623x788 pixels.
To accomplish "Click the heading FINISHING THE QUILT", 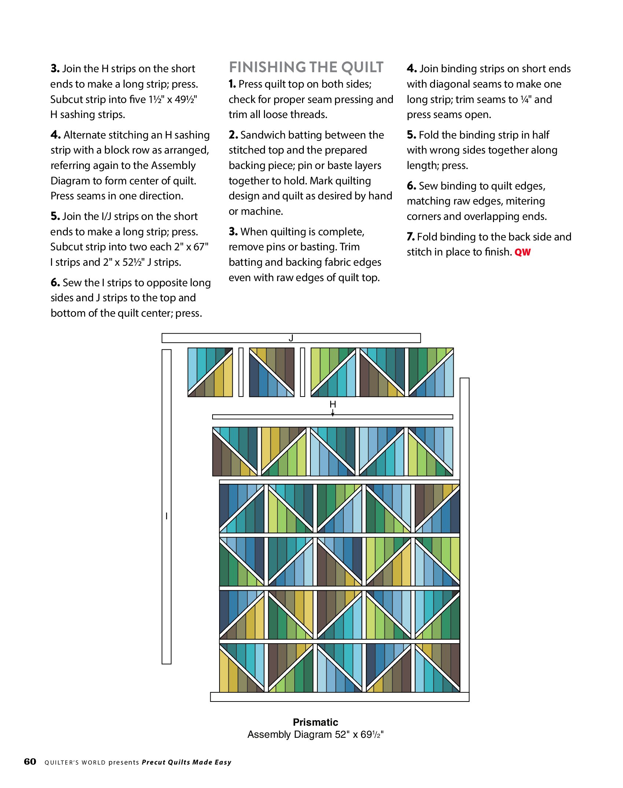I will click(x=306, y=67).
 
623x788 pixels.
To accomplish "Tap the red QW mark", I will click(x=522, y=252).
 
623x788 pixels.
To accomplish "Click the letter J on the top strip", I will click(x=291, y=338).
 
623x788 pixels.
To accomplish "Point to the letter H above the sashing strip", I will click(x=333, y=404).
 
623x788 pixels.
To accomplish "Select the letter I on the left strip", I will click(x=166, y=516).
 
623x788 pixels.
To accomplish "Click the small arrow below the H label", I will click(x=333, y=413).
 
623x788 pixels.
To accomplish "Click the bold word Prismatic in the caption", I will click(x=315, y=722).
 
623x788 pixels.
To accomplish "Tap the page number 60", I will click(x=30, y=762).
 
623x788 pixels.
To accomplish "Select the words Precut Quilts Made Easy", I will click(x=187, y=762).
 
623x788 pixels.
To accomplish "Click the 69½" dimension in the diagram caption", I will click(x=372, y=734).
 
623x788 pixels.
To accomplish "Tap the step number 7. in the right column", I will click(x=411, y=237).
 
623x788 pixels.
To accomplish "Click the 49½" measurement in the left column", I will click(x=186, y=99).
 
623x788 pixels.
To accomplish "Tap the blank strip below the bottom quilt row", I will click(x=339, y=697).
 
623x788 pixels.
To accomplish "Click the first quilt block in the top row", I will click(x=210, y=372).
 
